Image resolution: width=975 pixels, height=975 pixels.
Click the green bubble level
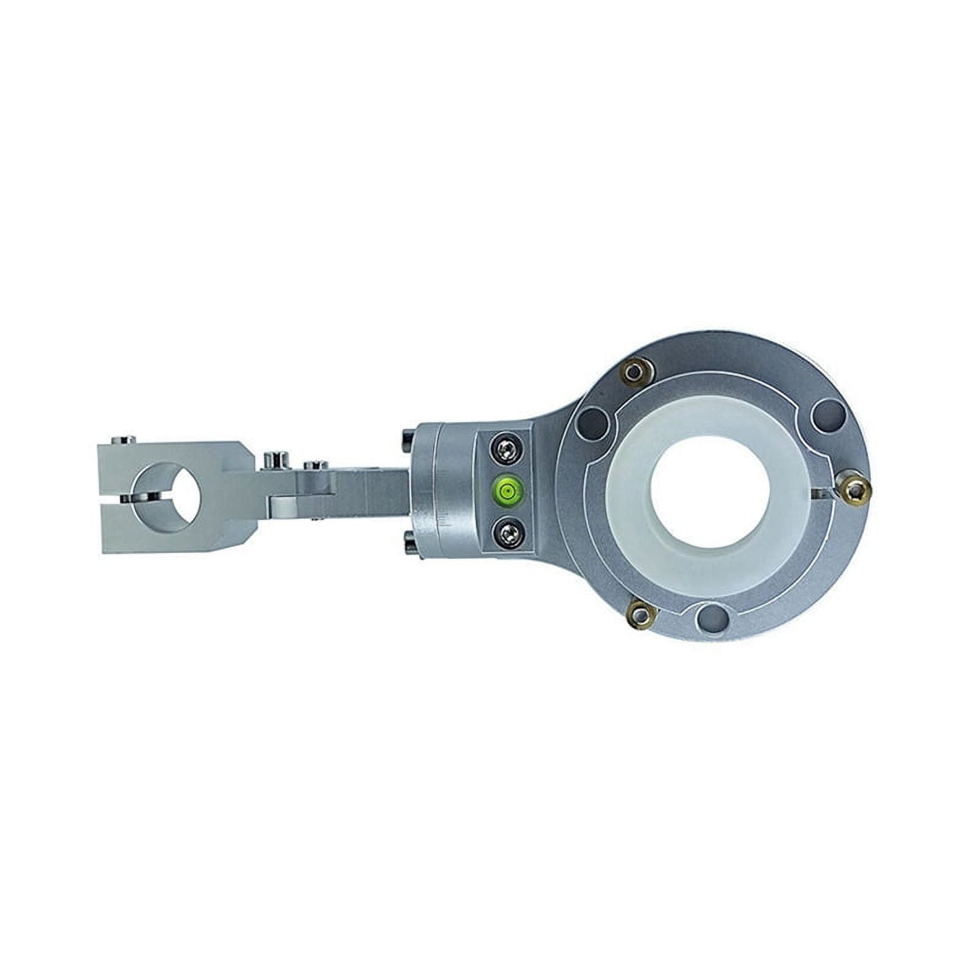pos(506,487)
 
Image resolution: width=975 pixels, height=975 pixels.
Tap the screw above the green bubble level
pos(506,450)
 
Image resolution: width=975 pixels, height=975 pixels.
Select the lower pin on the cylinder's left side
pos(408,537)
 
